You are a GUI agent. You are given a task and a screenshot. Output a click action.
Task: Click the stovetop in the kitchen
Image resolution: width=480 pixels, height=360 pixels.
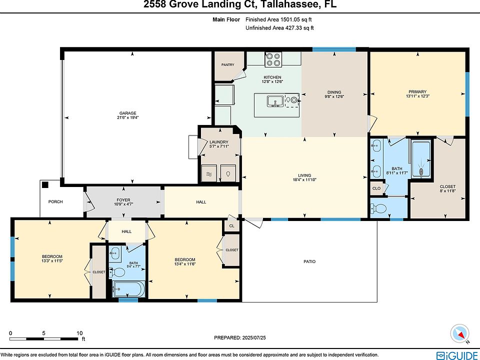tap(273, 59)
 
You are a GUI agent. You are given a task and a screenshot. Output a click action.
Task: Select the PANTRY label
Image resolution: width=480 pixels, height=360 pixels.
tap(228, 64)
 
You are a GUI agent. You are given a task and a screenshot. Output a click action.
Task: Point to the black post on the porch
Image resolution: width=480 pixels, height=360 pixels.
tap(45, 184)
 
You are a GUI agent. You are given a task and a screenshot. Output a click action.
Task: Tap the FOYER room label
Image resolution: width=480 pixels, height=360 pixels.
tap(123, 200)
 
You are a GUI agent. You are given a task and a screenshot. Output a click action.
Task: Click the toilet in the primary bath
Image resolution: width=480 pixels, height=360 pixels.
tap(378, 209)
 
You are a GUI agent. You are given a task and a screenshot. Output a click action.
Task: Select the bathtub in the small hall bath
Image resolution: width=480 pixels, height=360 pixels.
tap(128, 289)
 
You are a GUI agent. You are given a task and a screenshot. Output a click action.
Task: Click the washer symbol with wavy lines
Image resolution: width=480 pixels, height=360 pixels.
tap(209, 173)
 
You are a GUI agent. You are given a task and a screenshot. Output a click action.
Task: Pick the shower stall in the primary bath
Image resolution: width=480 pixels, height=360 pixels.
tap(421, 159)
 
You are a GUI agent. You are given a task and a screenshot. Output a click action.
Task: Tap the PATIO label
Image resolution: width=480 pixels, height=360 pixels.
tap(309, 261)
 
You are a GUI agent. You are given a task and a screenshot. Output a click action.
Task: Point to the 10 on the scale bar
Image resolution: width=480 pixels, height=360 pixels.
tap(79, 333)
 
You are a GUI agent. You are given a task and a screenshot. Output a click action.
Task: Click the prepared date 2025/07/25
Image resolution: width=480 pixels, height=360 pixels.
tap(254, 337)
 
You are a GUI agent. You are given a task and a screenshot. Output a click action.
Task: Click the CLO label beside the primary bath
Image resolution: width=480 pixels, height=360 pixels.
tap(376, 188)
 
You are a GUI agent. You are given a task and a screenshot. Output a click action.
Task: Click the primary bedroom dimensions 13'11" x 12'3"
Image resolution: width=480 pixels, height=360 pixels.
tap(417, 96)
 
